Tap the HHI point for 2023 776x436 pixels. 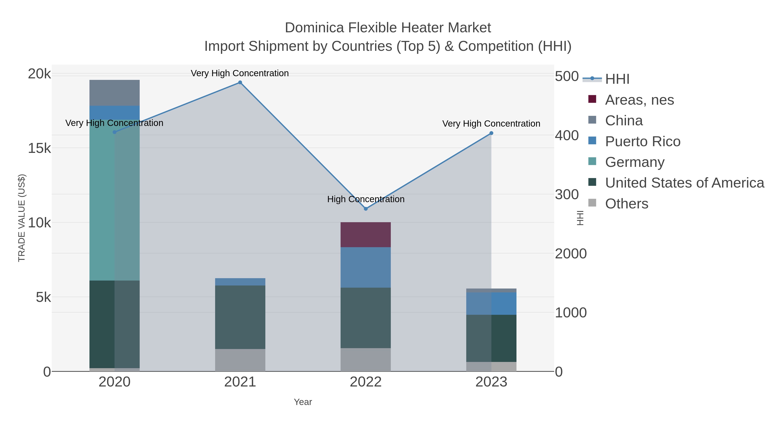[491, 133]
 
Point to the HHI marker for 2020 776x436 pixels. [114, 132]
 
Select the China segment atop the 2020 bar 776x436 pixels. [114, 93]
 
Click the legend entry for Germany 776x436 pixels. [634, 162]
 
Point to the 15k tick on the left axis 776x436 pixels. [39, 148]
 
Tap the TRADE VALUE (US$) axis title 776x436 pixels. [22, 218]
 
